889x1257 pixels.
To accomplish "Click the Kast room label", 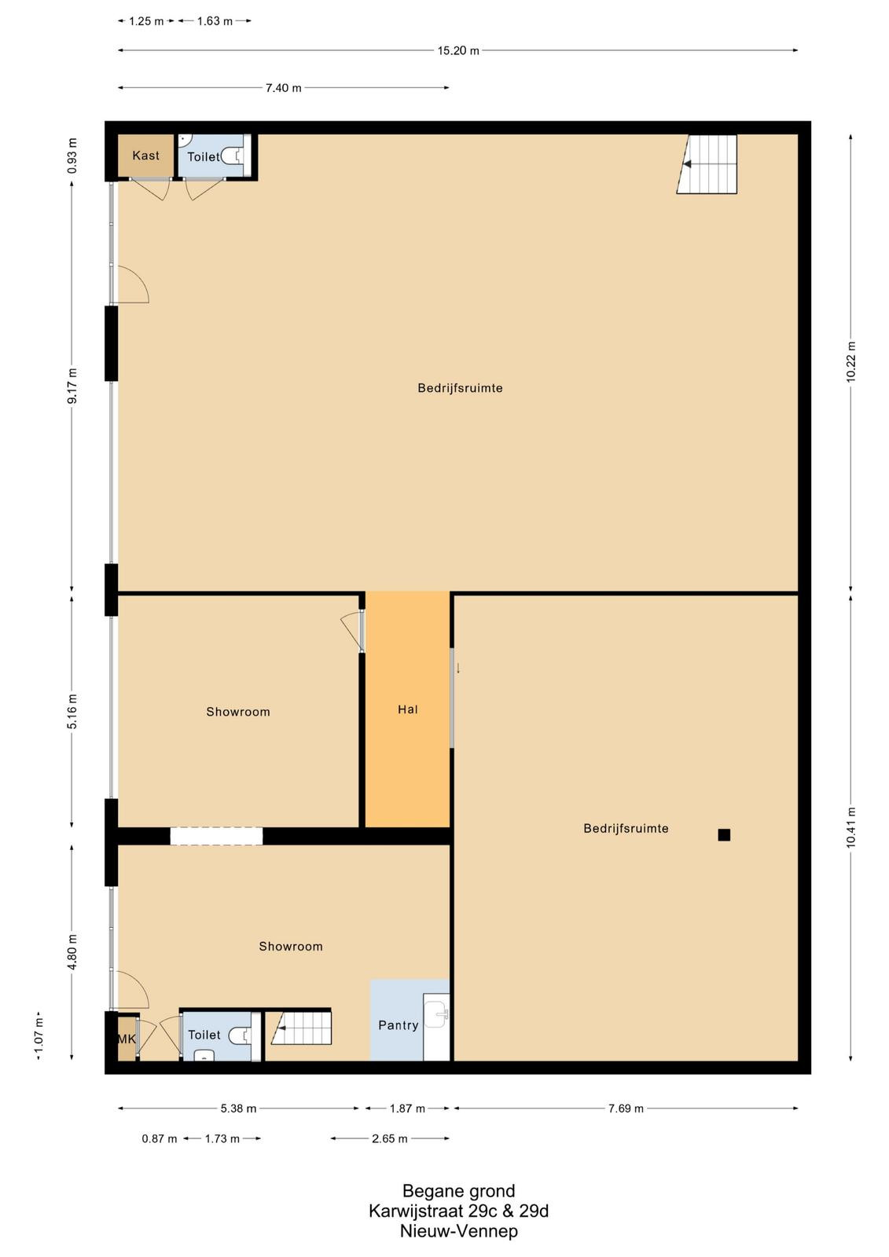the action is pyautogui.click(x=145, y=156).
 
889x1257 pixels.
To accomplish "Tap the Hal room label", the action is pyautogui.click(x=408, y=709).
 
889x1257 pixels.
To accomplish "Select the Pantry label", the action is pyautogui.click(x=399, y=1025).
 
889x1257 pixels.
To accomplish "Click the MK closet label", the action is pyautogui.click(x=127, y=1039).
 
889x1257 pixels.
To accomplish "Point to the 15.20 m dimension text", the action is pyautogui.click(x=458, y=50).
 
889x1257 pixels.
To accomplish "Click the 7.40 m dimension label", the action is pyautogui.click(x=284, y=87).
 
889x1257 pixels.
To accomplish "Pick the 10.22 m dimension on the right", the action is pyautogui.click(x=850, y=362).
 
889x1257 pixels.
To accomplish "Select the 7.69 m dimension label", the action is pyautogui.click(x=626, y=1109).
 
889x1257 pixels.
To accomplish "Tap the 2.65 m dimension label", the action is pyautogui.click(x=390, y=1138).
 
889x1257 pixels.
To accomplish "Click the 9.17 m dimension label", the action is pyautogui.click(x=72, y=386).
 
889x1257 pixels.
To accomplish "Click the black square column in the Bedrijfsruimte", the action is pyautogui.click(x=724, y=835).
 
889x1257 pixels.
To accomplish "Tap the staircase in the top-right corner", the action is pyautogui.click(x=707, y=164).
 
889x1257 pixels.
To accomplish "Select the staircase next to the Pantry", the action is pyautogui.click(x=302, y=1028).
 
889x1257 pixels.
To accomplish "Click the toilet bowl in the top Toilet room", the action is pyautogui.click(x=232, y=156).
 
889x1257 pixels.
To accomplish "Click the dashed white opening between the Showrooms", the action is pyautogui.click(x=216, y=836).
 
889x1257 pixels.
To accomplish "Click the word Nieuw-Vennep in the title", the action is pyautogui.click(x=459, y=1231).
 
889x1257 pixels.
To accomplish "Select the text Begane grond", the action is pyautogui.click(x=459, y=1191).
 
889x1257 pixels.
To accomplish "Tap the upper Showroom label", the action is pyautogui.click(x=238, y=712).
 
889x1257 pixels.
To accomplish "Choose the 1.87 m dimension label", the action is pyautogui.click(x=408, y=1109).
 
